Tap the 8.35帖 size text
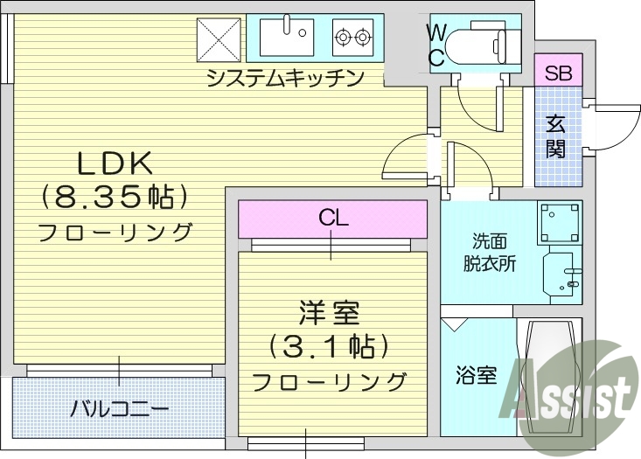(x=115, y=198)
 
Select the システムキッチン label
(x=285, y=80)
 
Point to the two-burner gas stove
(x=352, y=38)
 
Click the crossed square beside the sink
(x=219, y=38)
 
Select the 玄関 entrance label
(x=555, y=136)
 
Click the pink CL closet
(x=332, y=218)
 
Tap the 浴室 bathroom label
(x=477, y=377)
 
